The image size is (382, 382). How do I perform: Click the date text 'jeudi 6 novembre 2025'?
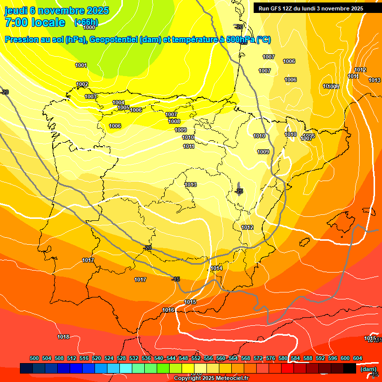point(51,10)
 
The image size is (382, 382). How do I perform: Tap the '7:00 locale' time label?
point(35,22)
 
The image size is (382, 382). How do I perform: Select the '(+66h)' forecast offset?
point(86,22)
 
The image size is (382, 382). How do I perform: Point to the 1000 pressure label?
point(89,28)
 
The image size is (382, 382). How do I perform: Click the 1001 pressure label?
point(81,65)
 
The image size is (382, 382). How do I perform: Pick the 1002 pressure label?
point(82,84)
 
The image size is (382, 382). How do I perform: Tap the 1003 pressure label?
point(91,96)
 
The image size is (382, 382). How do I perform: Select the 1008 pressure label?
point(174,121)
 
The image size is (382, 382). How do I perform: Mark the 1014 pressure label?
point(216,268)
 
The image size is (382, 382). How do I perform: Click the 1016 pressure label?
point(168,310)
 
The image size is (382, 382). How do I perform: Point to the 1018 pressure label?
point(63,337)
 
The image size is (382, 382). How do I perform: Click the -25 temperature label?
point(239,191)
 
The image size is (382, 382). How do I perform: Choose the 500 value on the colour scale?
point(34,358)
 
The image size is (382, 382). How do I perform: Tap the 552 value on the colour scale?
point(196,358)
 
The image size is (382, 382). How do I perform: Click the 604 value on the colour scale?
point(358,358)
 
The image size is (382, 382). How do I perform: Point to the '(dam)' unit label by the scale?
point(369,369)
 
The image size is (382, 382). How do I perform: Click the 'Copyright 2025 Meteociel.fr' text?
point(211,378)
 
